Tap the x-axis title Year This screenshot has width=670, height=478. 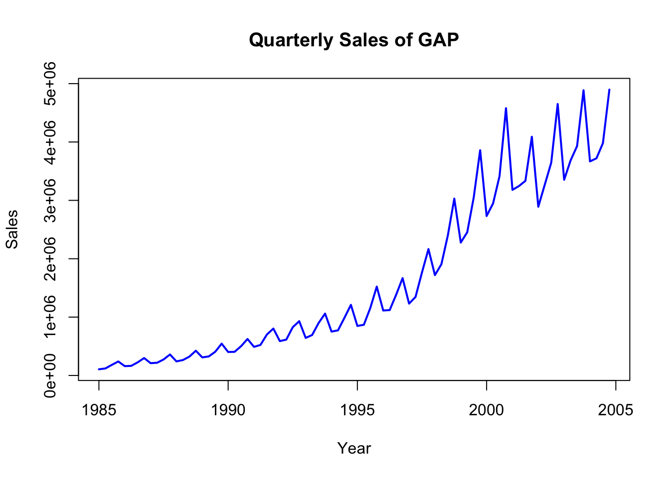[354, 448]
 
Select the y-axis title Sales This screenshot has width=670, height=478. [12, 229]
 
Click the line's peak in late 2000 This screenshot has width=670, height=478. [506, 108]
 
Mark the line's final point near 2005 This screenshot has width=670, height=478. [609, 90]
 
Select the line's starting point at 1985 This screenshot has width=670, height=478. [99, 369]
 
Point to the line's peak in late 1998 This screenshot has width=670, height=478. [454, 199]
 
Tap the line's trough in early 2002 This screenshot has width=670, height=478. [538, 207]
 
